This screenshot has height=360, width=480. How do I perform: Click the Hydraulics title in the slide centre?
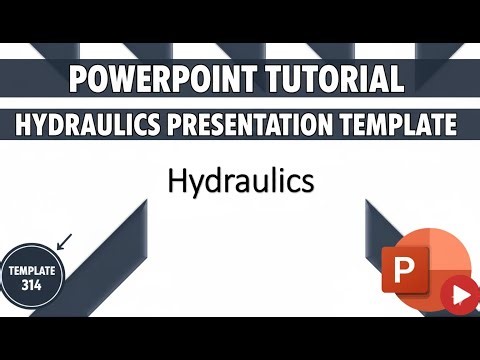tap(241, 182)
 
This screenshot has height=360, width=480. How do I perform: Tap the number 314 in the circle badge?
tap(33, 285)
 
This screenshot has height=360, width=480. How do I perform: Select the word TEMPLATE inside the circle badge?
tap(33, 271)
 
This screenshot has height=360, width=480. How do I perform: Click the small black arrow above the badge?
tap(65, 240)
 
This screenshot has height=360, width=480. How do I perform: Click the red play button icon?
tap(458, 295)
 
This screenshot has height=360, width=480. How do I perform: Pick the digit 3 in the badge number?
tap(24, 285)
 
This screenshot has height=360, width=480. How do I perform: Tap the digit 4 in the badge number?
tap(42, 285)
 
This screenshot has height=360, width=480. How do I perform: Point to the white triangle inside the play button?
tap(459, 295)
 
